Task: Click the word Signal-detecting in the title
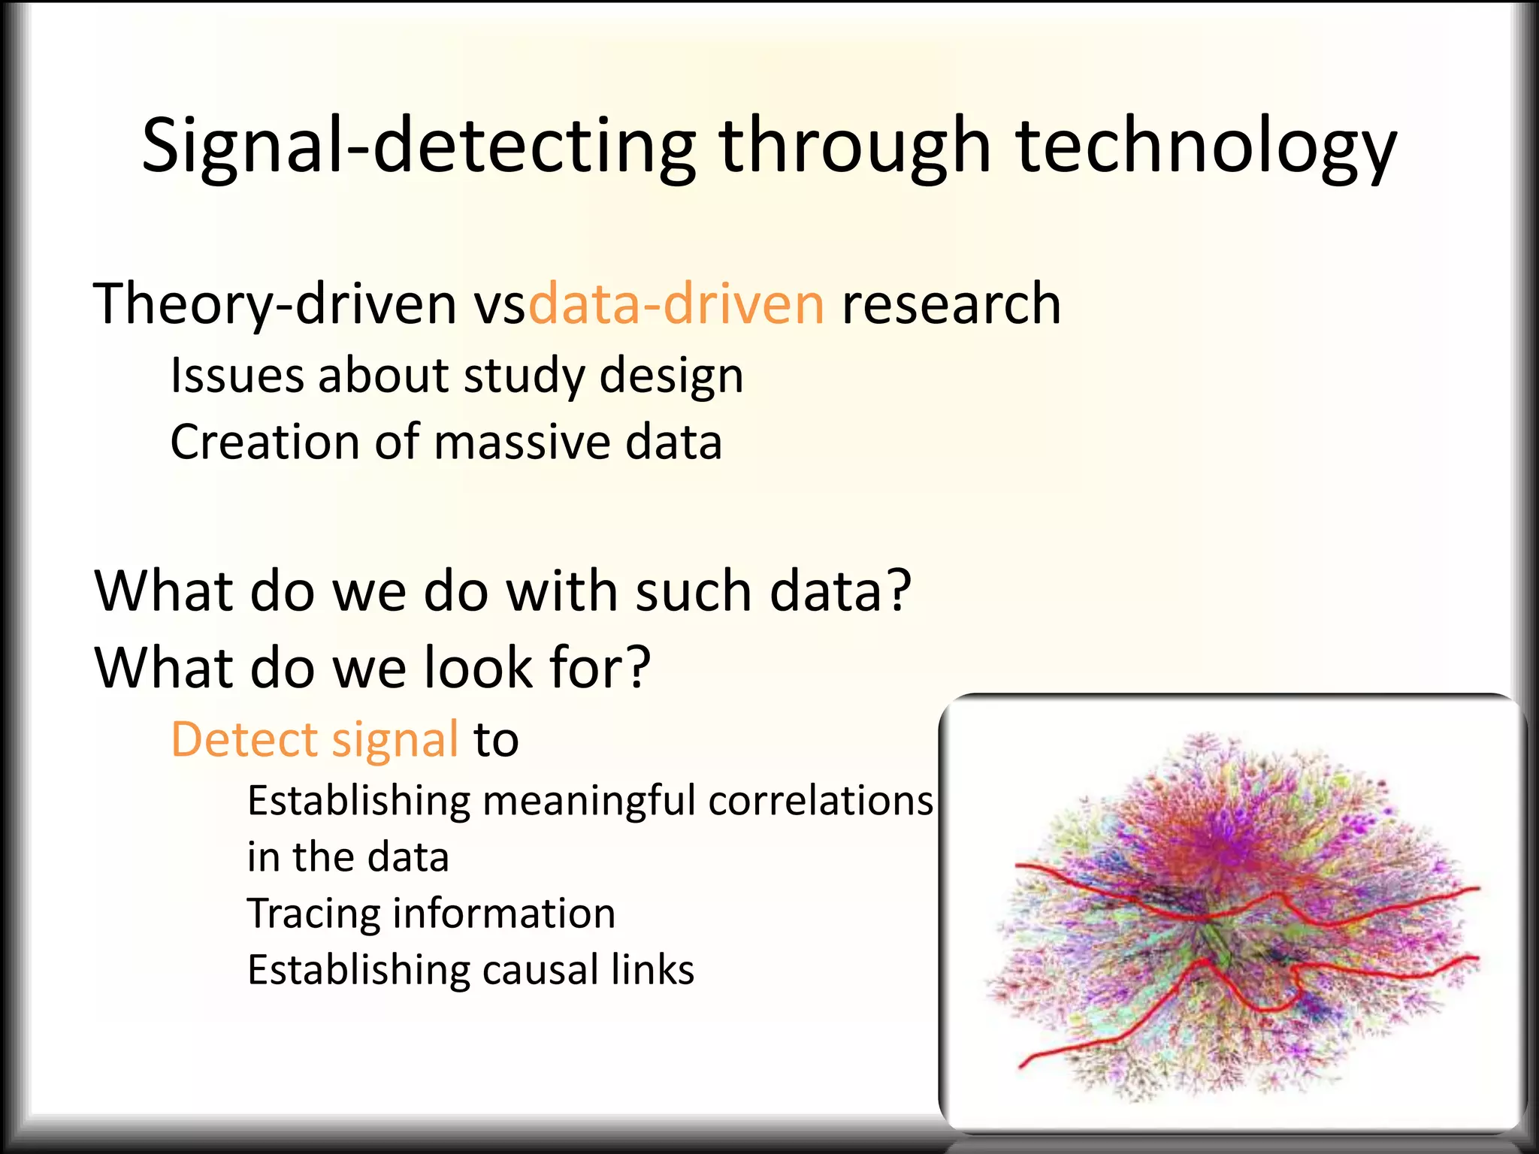tap(418, 147)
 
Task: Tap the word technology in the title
tap(1206, 147)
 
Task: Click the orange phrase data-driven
tap(676, 304)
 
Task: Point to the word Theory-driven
tap(274, 304)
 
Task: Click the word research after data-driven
tap(951, 304)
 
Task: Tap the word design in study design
tap(671, 375)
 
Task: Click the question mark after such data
tap(897, 591)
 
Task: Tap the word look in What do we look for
tap(478, 667)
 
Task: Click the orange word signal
tap(395, 739)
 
